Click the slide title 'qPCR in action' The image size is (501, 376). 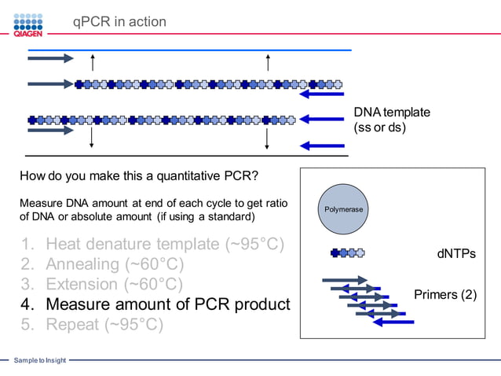click(119, 22)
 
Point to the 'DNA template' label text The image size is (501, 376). click(391, 112)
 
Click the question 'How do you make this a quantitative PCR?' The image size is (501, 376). click(138, 175)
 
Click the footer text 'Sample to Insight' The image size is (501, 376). click(39, 360)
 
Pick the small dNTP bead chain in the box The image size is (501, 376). click(347, 253)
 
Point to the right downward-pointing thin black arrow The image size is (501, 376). click(267, 138)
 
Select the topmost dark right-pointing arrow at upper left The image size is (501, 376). click(50, 58)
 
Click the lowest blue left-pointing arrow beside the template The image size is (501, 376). click(323, 146)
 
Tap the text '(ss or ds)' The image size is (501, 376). click(379, 127)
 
